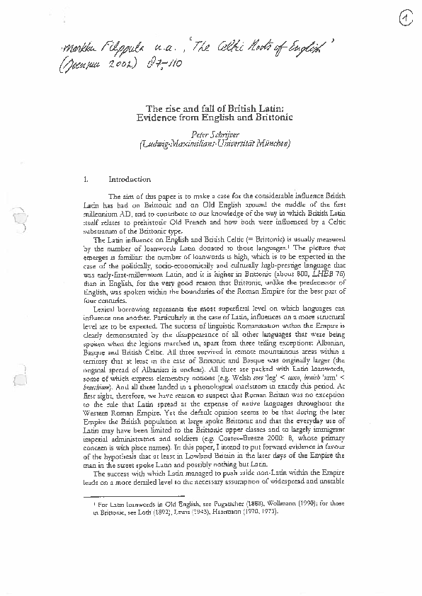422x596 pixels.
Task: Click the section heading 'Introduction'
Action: pos(130,180)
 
